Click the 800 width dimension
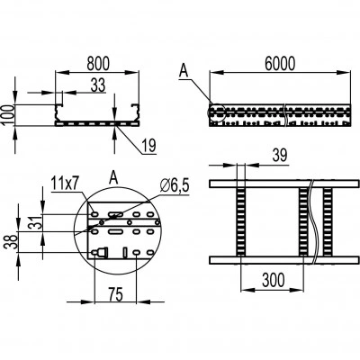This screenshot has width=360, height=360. pos(98,64)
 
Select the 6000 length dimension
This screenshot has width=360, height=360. pos(280,64)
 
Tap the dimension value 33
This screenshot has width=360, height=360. pos(98,85)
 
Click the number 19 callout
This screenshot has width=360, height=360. pos(149,146)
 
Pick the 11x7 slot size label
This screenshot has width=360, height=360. pos(65,184)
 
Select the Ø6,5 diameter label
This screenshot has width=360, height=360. pos(175,186)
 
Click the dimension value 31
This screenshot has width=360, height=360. pos(35,222)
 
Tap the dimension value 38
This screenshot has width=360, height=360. pos(10,242)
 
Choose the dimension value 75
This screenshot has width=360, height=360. pos(115,294)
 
